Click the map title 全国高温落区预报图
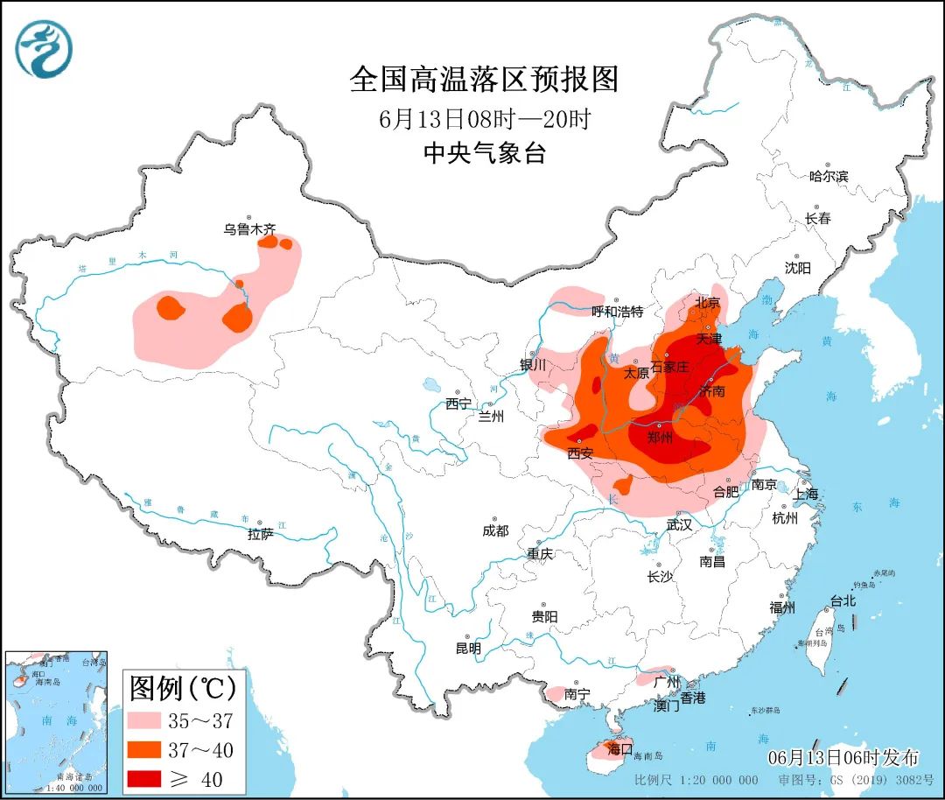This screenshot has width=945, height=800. coord(484,80)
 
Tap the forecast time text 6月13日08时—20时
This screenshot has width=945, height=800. coord(485,118)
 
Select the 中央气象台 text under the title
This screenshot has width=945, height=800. coord(484,153)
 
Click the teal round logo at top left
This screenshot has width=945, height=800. coord(44,49)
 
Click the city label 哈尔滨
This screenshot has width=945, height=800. coord(828,176)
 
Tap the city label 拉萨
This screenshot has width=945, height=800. coord(260,533)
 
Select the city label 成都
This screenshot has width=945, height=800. coord(494,530)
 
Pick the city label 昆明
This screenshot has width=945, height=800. coord(468,649)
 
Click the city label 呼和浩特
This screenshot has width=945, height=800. coord(617,312)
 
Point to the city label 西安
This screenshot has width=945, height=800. coord(580,453)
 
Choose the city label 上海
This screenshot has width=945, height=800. coord(806,494)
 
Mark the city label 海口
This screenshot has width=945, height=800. coord(619,749)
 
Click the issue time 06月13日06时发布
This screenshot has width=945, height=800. coord(843,758)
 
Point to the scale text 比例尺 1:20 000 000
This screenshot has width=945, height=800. coord(696,780)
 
